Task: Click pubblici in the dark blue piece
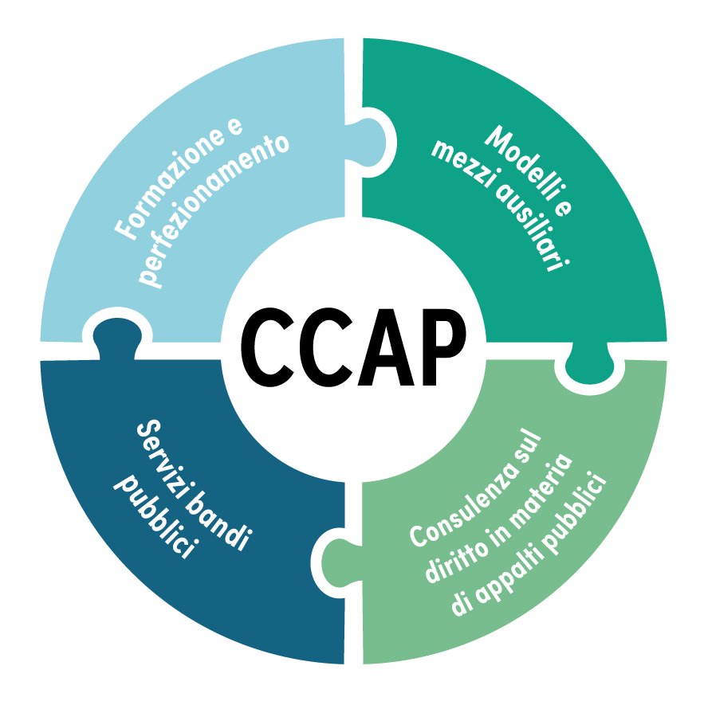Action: pos(156,518)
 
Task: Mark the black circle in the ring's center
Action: pos(353,351)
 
